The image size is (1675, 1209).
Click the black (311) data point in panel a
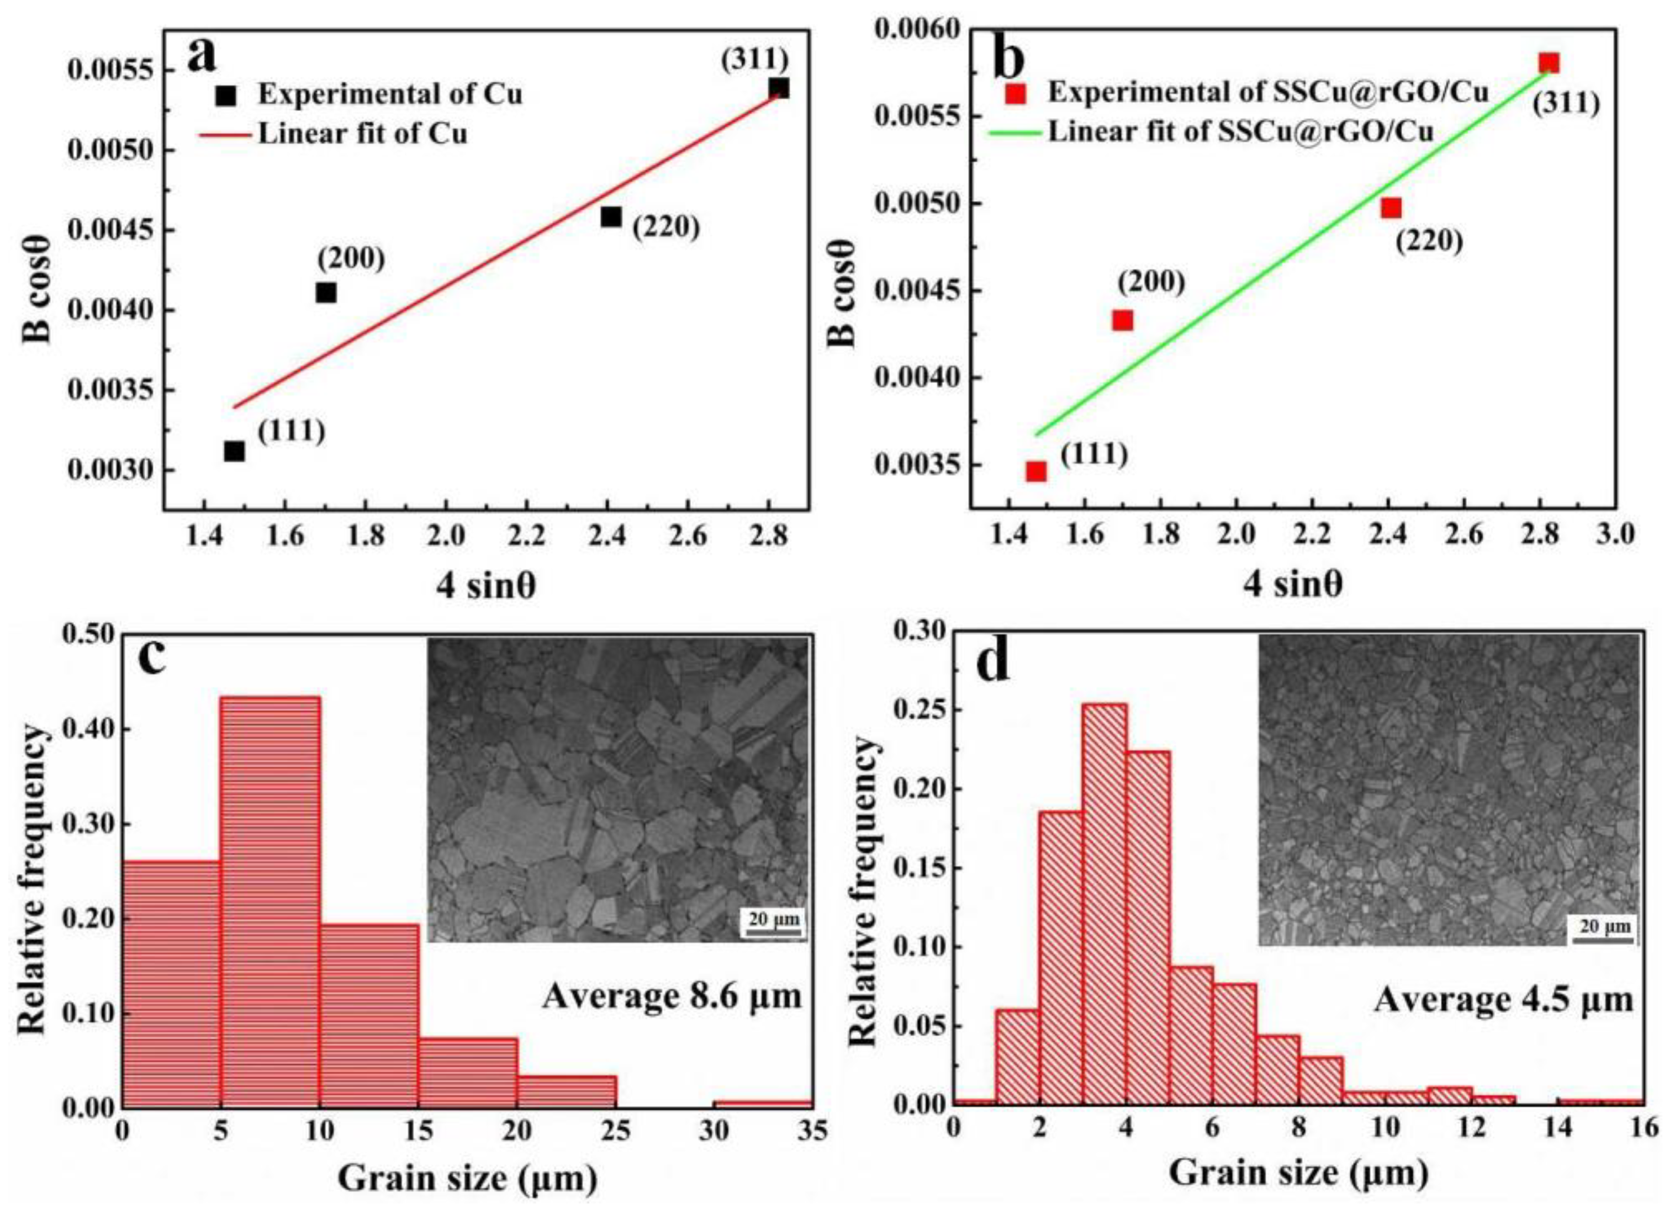(779, 88)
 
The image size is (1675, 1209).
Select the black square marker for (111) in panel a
(234, 451)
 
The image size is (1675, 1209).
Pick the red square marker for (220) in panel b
(1391, 208)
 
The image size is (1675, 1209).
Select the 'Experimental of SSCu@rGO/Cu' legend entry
(1266, 92)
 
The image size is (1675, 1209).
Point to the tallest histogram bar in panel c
(270, 900)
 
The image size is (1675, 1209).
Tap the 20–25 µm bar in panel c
(567, 1091)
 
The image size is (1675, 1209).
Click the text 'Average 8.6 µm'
(672, 996)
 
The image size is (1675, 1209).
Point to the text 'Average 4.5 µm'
(1504, 1000)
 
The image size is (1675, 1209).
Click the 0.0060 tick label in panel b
(917, 29)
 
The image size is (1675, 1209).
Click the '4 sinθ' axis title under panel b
(1292, 584)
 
